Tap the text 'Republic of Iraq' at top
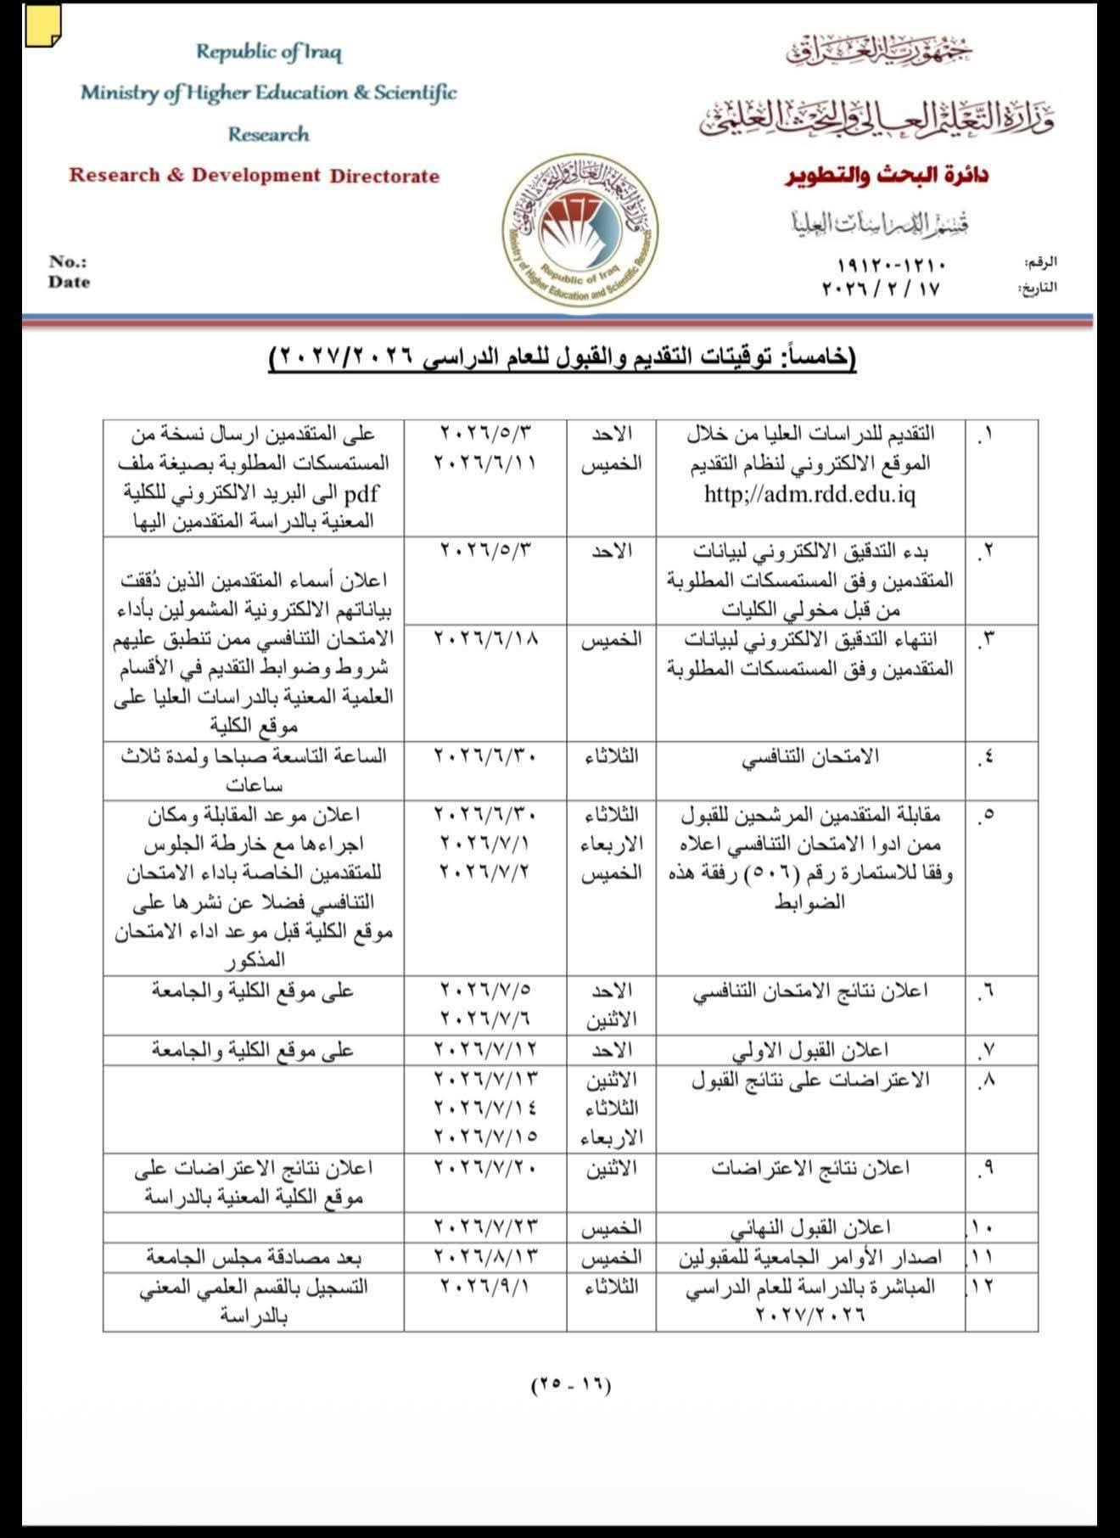(269, 53)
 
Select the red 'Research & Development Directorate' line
(255, 176)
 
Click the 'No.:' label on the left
(67, 262)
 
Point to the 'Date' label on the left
(69, 282)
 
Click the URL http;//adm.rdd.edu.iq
(809, 494)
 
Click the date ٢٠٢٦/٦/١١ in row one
(485, 463)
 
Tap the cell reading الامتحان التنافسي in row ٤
(809, 756)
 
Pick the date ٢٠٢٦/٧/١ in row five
(485, 843)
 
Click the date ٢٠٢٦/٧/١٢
(485, 1049)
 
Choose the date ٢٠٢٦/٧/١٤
(485, 1108)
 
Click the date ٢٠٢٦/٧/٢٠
(485, 1168)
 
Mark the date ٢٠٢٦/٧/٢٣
(485, 1226)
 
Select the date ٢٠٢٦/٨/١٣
(485, 1256)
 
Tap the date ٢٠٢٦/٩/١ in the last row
(485, 1286)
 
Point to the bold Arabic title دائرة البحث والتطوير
(886, 176)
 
